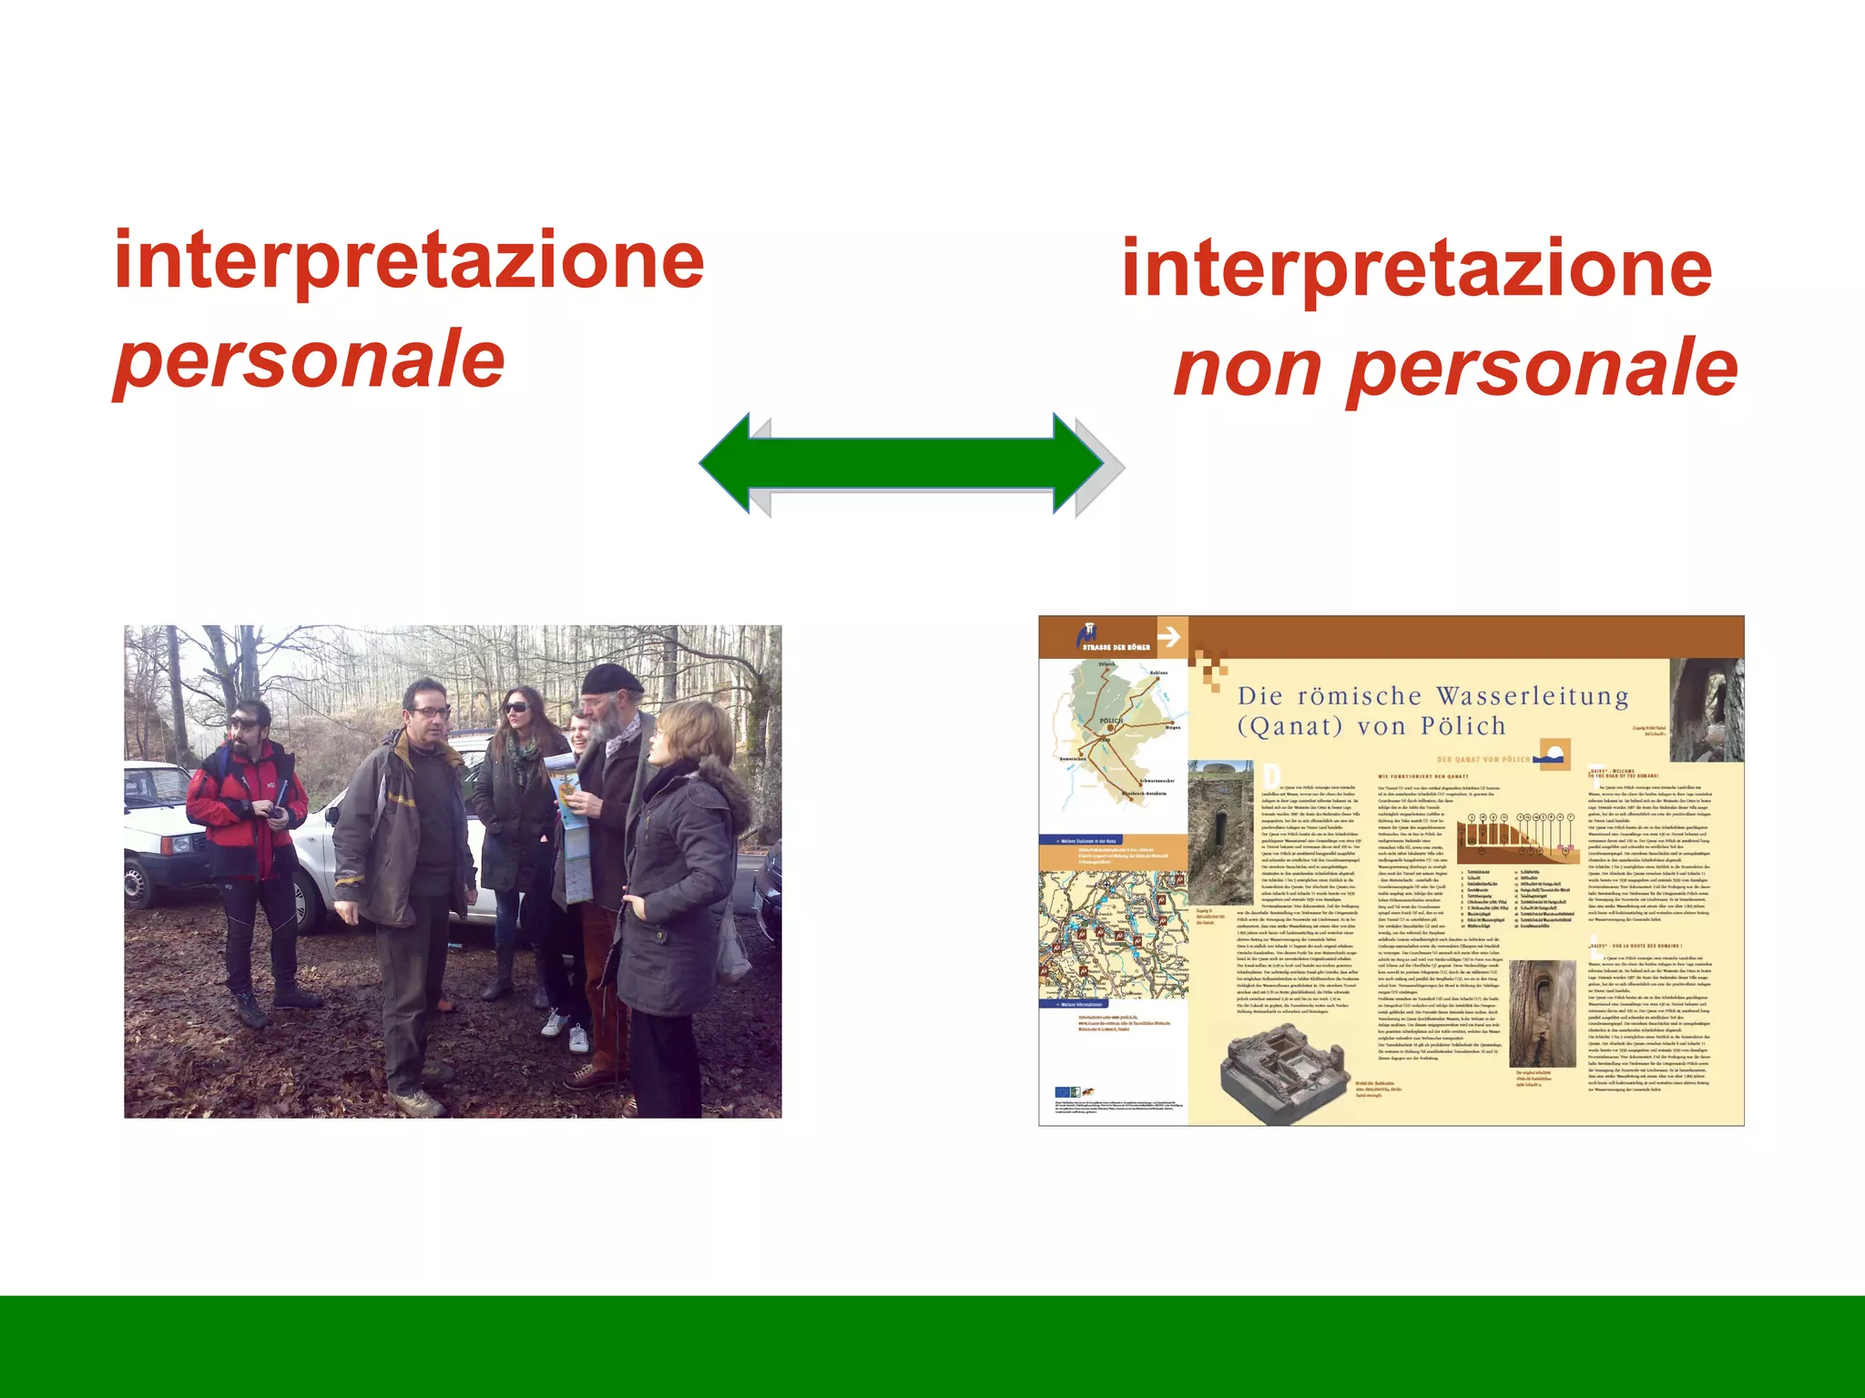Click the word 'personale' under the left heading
(310, 360)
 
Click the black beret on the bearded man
(610, 679)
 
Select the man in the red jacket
(246, 819)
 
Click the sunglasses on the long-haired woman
(515, 706)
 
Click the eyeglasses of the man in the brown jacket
(430, 712)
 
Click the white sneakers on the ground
(565, 1028)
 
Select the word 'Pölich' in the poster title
(1462, 726)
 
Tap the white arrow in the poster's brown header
(1169, 636)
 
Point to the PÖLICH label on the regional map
(1111, 721)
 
